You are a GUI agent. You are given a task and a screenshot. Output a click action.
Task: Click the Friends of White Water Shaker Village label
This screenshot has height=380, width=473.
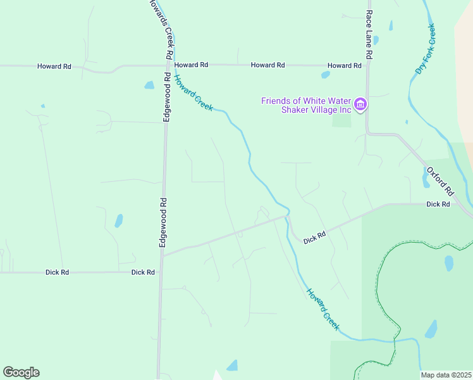pos(307,105)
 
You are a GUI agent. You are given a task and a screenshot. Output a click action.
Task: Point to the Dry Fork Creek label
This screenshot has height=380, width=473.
pos(426,49)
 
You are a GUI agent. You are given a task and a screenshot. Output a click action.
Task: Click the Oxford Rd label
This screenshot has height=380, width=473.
pos(440,181)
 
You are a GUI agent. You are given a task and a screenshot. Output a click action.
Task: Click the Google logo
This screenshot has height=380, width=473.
pos(21,372)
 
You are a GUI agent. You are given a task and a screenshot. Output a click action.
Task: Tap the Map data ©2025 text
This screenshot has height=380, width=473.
pos(445,375)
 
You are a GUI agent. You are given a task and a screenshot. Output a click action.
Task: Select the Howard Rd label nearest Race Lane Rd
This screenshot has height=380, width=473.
pos(344,66)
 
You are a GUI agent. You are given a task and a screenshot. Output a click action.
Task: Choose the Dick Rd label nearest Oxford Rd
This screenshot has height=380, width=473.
pos(438,205)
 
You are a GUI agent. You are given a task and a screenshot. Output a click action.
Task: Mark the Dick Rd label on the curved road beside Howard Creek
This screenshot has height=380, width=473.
pos(314,237)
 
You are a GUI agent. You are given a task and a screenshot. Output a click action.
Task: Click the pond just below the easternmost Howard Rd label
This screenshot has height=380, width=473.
pos(326,75)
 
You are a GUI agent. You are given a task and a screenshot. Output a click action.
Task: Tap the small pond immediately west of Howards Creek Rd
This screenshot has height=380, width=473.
pos(149,85)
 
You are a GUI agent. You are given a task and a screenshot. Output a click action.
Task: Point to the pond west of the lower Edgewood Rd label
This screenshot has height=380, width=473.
pos(118,220)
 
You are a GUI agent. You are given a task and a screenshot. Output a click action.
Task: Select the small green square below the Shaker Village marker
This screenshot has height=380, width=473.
pos(341,120)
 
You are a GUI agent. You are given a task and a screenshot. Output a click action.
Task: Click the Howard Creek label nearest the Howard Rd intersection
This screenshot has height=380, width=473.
pos(193,92)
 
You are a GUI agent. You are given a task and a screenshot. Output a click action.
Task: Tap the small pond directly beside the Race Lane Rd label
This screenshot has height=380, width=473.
pos(376,40)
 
